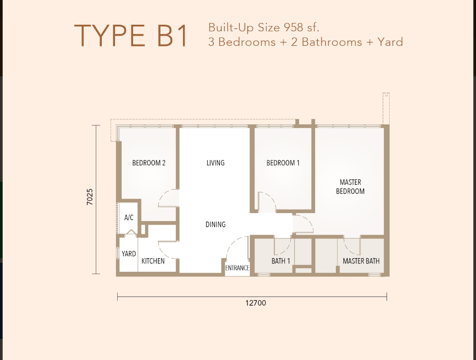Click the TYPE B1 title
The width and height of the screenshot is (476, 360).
131,36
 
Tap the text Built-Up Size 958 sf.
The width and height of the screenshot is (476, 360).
264,27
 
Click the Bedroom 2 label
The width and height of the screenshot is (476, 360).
149,163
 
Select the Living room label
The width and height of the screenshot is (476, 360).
216,163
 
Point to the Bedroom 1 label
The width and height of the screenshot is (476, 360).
283,163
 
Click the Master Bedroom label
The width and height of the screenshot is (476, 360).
350,187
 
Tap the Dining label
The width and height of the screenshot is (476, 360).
216,225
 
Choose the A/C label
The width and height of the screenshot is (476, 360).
129,217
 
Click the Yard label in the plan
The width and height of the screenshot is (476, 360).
129,254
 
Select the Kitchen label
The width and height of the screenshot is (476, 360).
153,261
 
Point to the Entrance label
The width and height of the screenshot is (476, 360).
237,268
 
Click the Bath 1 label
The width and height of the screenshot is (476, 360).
281,261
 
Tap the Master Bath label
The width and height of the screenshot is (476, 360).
361,261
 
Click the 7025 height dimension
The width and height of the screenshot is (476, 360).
90,197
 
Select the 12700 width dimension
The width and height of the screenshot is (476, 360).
256,303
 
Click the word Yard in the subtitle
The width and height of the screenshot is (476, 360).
390,42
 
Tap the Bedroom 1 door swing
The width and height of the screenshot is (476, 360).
267,201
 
